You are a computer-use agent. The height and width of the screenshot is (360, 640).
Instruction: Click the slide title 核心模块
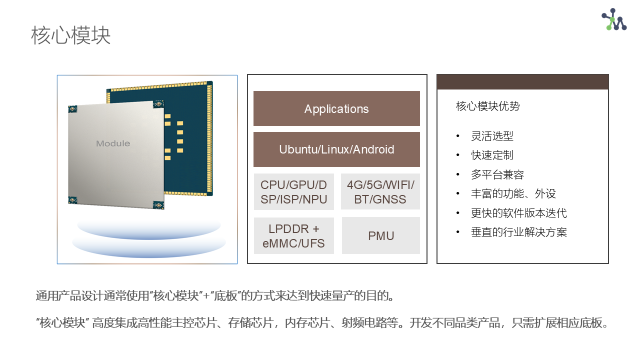[x=70, y=35]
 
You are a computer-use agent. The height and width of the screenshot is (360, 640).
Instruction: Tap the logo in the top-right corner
[x=613, y=19]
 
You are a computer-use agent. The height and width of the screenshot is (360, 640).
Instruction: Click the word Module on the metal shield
[x=113, y=143]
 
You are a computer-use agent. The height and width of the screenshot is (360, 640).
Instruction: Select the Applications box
[x=336, y=108]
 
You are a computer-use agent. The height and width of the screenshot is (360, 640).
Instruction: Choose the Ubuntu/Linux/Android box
[x=336, y=149]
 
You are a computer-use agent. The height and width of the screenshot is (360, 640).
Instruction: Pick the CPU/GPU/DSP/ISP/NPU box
[x=293, y=191]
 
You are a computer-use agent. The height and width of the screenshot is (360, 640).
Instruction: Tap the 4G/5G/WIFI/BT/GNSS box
[x=380, y=191]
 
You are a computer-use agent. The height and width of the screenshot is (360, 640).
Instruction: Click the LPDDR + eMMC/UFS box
[x=293, y=235]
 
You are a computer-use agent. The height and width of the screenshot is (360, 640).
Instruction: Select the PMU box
[x=381, y=235]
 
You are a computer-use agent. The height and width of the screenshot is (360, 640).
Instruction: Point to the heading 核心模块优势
[x=487, y=106]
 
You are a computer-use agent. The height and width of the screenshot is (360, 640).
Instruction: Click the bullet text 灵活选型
[x=492, y=136]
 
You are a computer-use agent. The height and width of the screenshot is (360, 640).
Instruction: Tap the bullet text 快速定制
[x=492, y=155]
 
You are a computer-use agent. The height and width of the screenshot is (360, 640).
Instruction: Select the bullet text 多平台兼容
[x=497, y=174]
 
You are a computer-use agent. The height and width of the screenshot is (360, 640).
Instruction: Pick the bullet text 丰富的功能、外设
[x=513, y=193]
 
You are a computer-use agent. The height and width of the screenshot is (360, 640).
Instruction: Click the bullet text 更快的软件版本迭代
[x=519, y=213]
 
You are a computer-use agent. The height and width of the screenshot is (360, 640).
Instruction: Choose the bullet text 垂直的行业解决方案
[x=519, y=232]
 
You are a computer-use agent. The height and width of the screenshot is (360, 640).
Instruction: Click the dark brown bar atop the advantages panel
[x=522, y=82]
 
